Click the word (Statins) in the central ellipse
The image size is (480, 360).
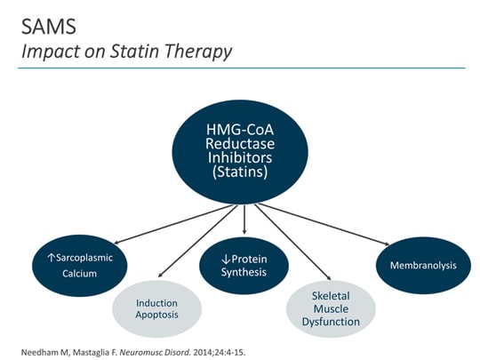click(x=242, y=173)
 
